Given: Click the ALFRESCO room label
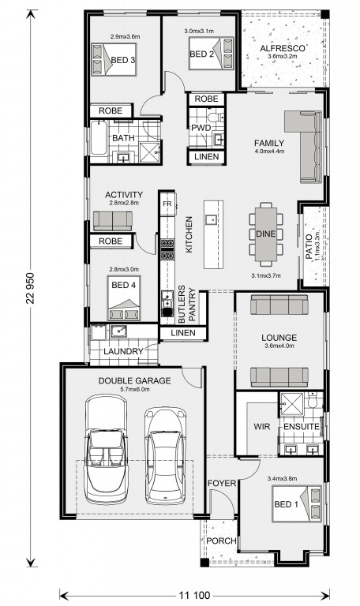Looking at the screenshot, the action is pos(283,49).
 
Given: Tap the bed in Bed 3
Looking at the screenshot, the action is pos(114,58).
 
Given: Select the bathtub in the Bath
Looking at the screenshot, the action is pos(98,138).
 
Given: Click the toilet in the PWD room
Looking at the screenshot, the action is pos(215,117).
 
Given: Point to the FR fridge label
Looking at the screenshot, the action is pos(167,204).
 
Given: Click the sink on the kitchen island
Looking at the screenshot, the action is pos(211,220).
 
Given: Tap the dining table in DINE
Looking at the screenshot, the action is pos(266,234).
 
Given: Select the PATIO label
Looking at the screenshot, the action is pos(309,246).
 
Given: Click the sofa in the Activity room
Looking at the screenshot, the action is pos(113,221).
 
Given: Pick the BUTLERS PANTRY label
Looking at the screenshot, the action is pos(186,305).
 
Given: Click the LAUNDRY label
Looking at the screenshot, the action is pos(123,351).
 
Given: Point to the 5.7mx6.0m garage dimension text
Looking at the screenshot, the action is pos(134,389).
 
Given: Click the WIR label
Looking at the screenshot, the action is pos(262,427).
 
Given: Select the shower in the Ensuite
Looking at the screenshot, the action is pos(292,404).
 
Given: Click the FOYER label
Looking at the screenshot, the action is pos(222,483).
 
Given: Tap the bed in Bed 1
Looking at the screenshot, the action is pos(297,503).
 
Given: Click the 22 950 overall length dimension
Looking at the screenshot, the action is pos(31,288).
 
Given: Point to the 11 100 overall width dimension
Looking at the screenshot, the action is pos(194,595).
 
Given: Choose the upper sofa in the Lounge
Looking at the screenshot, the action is pos(279,305).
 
